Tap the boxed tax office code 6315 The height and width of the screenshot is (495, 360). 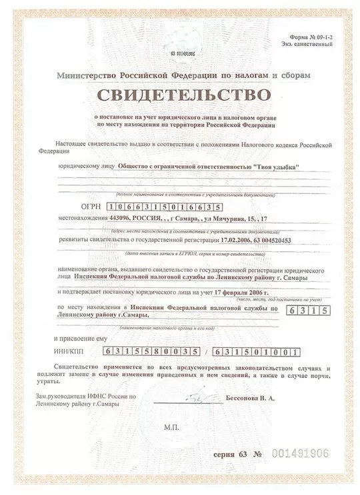(x=304, y=329)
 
